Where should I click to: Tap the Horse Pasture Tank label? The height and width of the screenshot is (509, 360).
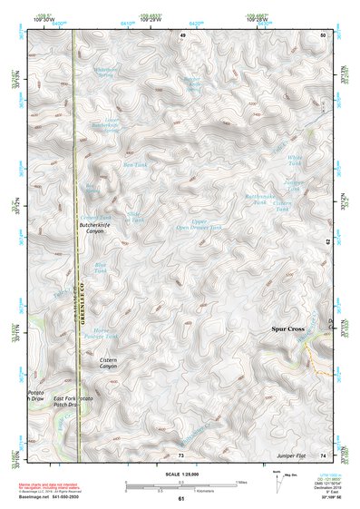coord(107,333)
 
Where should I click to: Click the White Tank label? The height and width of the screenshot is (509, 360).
coord(294,161)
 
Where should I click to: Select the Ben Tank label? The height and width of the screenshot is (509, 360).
coord(134,165)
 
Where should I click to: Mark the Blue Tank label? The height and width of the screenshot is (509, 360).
coord(101,268)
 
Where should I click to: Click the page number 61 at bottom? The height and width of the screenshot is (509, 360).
coord(180,499)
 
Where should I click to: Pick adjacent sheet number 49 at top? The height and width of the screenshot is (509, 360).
coord(181,34)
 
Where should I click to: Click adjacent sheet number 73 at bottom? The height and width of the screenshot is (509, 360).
coord(181,455)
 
